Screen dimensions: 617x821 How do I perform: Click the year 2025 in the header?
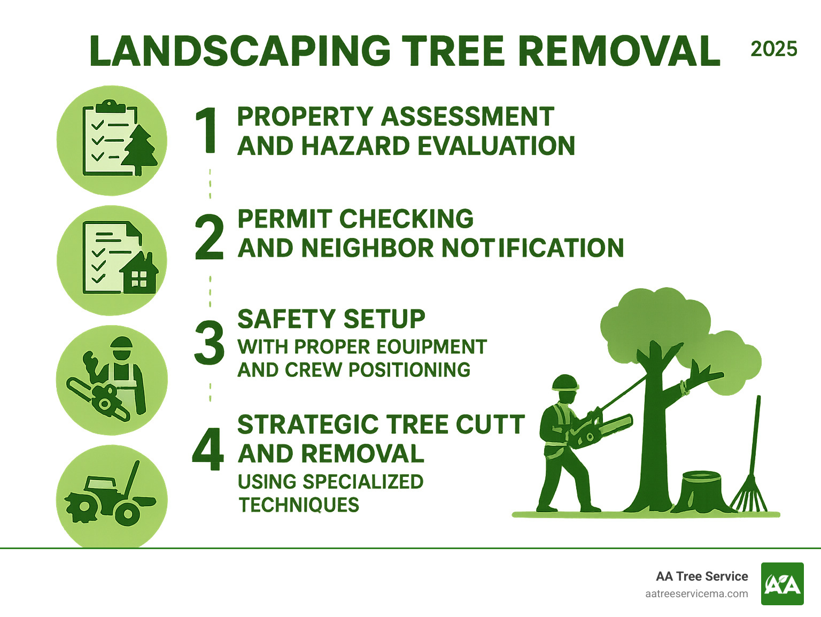[773, 49]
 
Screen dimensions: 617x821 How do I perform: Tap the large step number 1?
[206, 130]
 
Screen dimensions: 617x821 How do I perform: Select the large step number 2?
[208, 237]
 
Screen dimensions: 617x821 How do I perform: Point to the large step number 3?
[209, 343]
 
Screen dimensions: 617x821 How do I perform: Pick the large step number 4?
[208, 450]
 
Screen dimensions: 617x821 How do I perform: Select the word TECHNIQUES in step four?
[299, 505]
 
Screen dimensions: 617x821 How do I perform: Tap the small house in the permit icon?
[140, 274]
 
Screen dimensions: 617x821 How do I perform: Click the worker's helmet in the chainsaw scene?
[565, 383]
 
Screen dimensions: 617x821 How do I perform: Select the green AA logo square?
[782, 584]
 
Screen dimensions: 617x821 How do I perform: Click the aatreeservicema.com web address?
[696, 593]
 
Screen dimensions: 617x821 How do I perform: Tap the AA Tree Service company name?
[702, 576]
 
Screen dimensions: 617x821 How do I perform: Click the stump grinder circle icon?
[112, 498]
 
